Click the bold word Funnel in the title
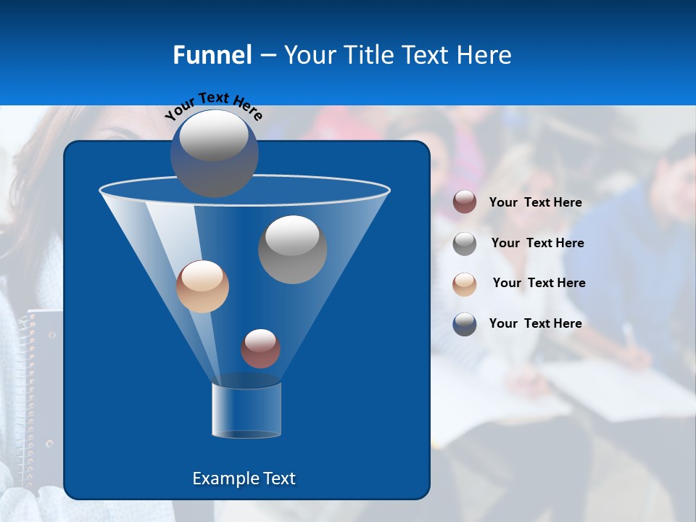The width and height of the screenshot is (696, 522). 212,55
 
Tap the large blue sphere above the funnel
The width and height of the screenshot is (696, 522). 215,152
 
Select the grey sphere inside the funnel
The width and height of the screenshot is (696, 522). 292,249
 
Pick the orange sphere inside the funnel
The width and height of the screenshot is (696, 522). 202,286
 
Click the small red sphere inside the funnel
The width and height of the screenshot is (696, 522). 260,348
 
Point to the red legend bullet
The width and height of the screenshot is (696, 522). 465,202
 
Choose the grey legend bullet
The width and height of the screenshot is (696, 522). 465,243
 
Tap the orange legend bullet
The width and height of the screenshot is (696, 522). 465,283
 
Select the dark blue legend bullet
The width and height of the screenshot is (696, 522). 465,324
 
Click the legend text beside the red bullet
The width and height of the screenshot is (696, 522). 535,202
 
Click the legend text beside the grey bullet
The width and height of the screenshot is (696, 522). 537,243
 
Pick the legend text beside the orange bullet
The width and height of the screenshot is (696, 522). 539,283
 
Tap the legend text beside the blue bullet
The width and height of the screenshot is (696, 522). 535,323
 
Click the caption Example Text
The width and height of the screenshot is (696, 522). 244,478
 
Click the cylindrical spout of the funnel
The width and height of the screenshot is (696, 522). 246,411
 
